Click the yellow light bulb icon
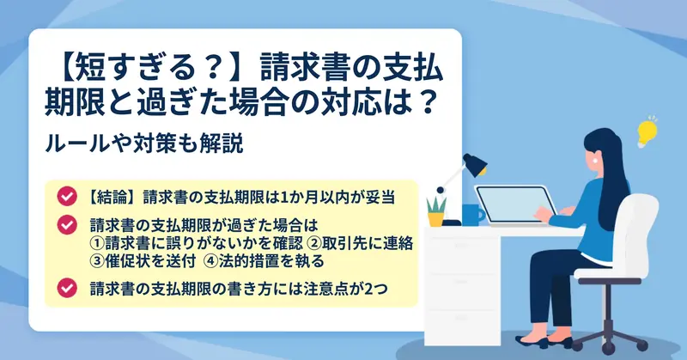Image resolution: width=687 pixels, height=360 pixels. coord(647,131)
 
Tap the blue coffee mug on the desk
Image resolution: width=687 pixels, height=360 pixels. coord(473,215)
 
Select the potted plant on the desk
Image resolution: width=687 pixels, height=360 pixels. coord(436,211)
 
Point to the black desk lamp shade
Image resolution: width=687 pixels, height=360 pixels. coord(476,164)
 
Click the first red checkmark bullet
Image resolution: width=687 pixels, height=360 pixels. coord(67,197)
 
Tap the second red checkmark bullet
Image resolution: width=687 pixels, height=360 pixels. coord(67,224)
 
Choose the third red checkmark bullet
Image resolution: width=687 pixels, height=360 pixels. coord(67,288)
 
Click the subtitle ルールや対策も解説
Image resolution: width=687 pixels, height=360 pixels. coord(144,143)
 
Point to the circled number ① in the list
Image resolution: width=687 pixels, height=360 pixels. coord(97,243)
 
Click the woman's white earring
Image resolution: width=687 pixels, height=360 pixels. coord(596,161)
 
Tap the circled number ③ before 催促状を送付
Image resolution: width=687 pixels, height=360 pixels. coord(97,261)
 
